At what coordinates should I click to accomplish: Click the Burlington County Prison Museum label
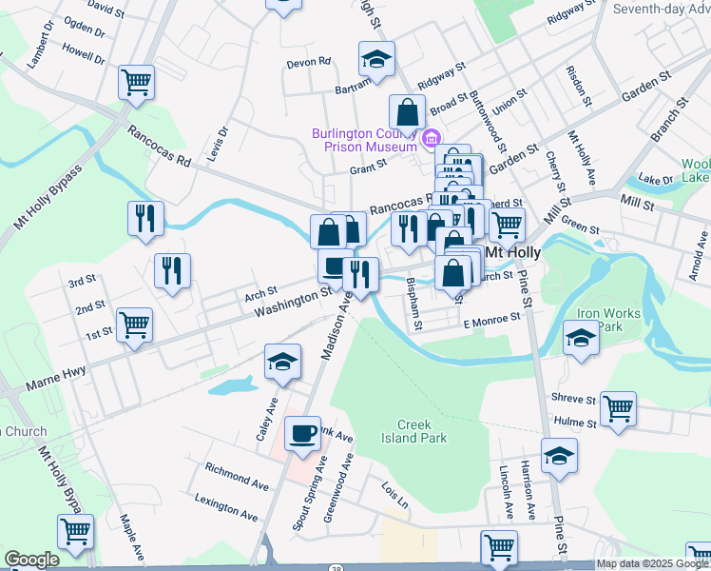tap(365, 139)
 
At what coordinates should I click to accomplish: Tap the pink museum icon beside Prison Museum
tap(431, 140)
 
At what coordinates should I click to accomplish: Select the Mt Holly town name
tap(513, 253)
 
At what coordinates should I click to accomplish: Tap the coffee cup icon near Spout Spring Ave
tap(303, 434)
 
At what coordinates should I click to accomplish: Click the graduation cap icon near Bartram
tap(376, 58)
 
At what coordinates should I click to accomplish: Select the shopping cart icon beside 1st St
tap(134, 324)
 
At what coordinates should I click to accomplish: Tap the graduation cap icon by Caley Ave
tap(283, 361)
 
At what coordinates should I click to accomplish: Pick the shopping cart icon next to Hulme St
tap(618, 408)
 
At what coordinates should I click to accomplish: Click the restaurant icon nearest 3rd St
tap(172, 269)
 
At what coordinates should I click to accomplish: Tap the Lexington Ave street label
tap(226, 507)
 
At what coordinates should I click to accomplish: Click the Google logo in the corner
tap(31, 560)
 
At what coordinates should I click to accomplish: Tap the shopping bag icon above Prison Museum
tap(407, 111)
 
